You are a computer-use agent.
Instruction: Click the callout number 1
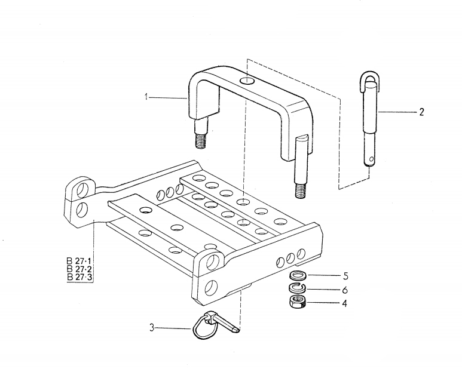click(x=146, y=97)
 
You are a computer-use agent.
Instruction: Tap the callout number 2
click(x=421, y=112)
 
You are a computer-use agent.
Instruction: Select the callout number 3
click(x=152, y=328)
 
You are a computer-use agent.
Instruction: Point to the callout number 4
click(x=344, y=303)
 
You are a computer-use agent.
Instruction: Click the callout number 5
click(x=345, y=276)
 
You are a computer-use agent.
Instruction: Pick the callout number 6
click(x=345, y=290)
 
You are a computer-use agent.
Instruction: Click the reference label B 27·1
click(x=79, y=261)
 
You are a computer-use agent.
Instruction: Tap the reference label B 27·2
click(x=79, y=269)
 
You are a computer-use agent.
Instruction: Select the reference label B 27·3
click(x=79, y=276)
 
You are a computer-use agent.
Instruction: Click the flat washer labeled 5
click(x=298, y=275)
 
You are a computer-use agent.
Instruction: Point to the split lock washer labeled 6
click(x=298, y=288)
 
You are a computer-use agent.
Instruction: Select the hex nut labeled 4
click(x=298, y=302)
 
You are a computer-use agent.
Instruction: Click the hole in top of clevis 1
click(x=247, y=80)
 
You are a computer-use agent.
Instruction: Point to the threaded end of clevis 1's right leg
click(x=300, y=190)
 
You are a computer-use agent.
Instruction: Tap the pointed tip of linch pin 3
click(x=237, y=331)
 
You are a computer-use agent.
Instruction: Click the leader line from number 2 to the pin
click(x=397, y=112)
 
